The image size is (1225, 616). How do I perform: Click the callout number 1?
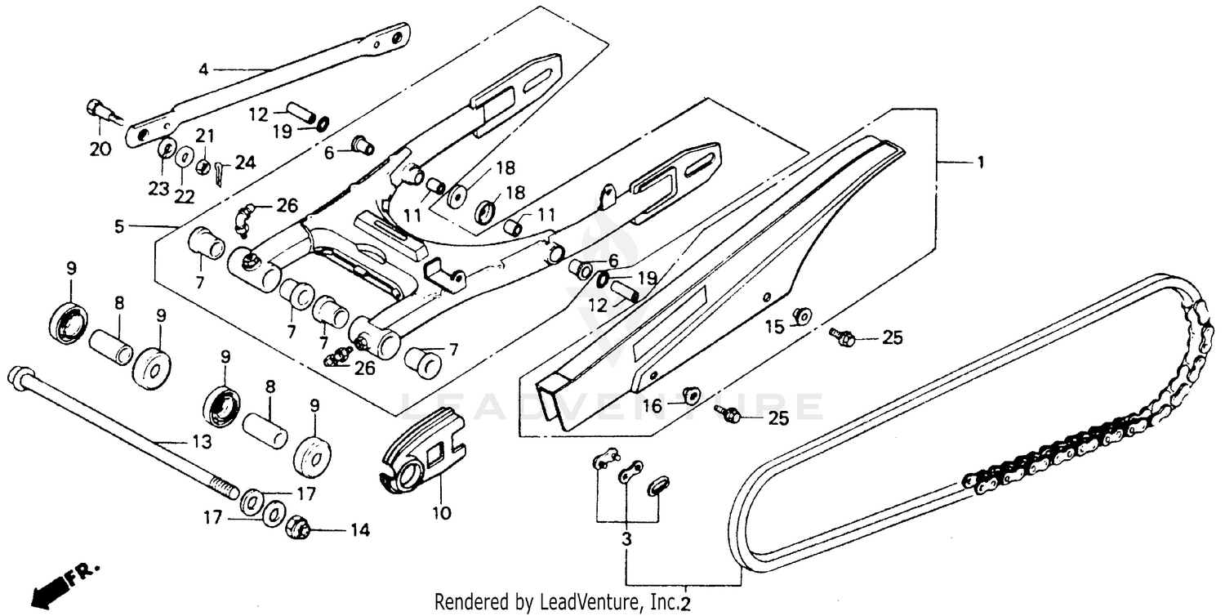(978, 163)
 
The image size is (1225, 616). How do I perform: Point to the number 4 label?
(203, 69)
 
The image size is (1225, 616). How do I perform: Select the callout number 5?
(119, 225)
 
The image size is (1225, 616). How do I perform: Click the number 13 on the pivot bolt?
(202, 442)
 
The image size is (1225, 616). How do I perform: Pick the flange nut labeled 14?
(297, 529)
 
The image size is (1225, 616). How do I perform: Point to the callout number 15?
(774, 328)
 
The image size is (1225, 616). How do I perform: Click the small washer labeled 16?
(691, 395)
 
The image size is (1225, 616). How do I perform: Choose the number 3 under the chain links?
(626, 541)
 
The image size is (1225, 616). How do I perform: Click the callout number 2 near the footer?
(685, 604)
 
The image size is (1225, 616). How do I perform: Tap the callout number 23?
(158, 189)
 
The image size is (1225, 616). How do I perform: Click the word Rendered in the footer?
(465, 603)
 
